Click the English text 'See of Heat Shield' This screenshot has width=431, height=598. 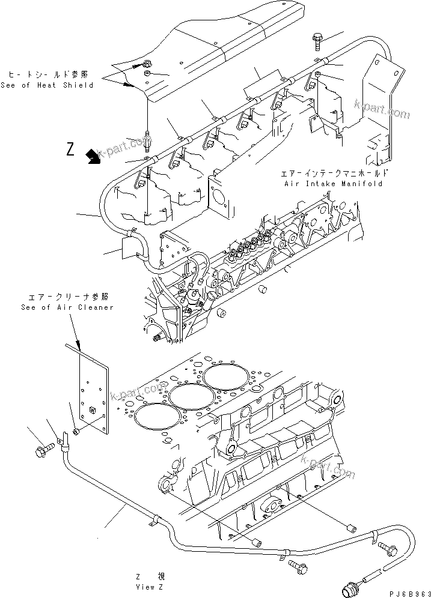pyautogui.click(x=47, y=85)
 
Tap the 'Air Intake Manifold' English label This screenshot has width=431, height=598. pyautogui.click(x=334, y=184)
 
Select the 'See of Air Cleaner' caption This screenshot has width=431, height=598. pyautogui.click(x=67, y=307)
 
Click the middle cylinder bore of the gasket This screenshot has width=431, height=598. pyautogui.click(x=189, y=397)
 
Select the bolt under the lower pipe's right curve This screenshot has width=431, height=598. pyautogui.click(x=297, y=564)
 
